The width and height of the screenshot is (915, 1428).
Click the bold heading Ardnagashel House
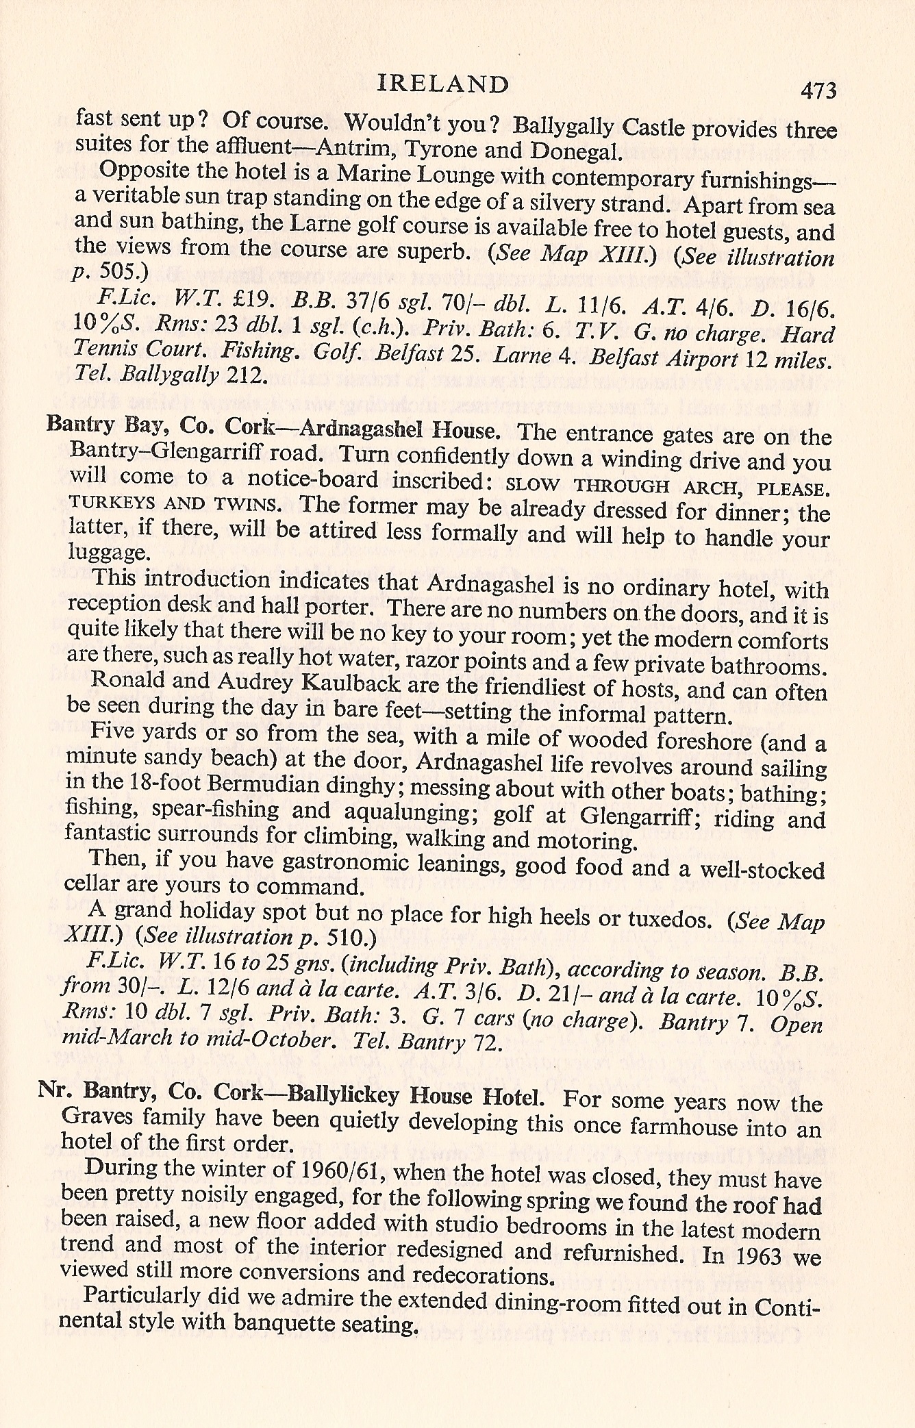point(399,431)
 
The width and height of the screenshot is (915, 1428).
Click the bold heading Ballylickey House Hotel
point(416,1095)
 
